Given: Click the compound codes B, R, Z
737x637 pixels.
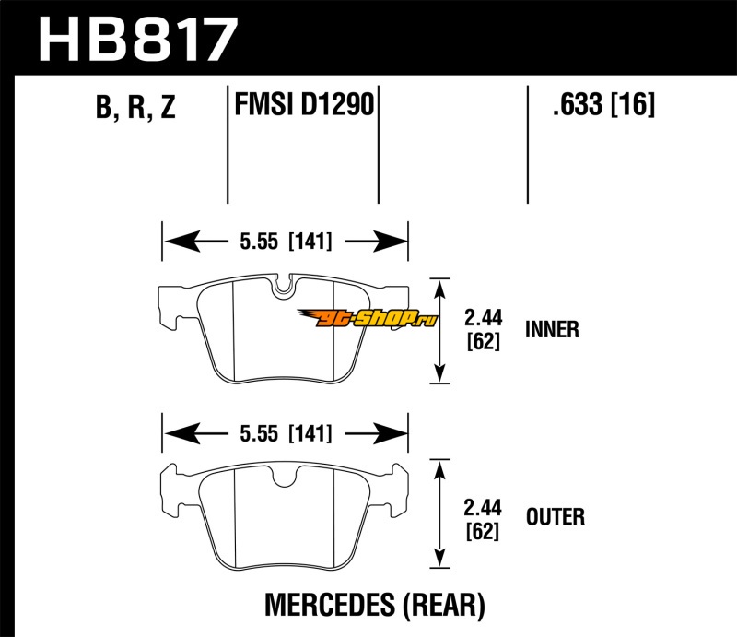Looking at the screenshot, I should [x=134, y=109].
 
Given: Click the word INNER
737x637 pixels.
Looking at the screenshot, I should [x=552, y=329].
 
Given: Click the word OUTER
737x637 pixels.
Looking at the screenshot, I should [x=554, y=516].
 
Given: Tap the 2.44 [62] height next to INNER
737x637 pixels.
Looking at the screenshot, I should [x=483, y=329].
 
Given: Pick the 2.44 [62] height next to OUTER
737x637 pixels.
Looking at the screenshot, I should [x=483, y=516].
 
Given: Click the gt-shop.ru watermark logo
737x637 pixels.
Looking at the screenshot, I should [x=379, y=319].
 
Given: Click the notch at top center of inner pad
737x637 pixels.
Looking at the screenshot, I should [x=285, y=289].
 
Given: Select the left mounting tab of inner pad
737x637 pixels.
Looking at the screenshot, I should [x=171, y=309].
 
